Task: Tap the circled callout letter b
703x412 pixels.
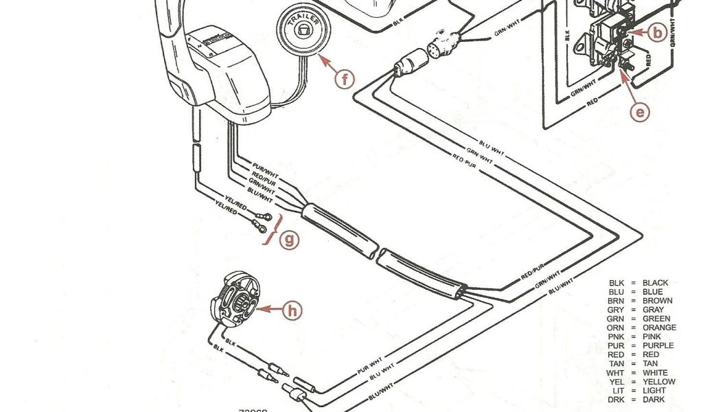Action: point(657,32)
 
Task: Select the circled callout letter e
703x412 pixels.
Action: point(640,111)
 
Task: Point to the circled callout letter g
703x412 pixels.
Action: point(291,240)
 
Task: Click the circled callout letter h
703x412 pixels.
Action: point(292,310)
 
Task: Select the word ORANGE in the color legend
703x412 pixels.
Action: point(659,328)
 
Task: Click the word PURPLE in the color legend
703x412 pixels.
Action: point(658,345)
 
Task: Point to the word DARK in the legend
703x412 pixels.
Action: point(653,399)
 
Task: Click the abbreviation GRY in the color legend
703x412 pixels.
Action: point(615,310)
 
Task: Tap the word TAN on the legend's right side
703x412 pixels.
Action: point(649,363)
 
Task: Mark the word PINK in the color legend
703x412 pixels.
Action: point(652,336)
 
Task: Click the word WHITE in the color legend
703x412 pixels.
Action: point(654,372)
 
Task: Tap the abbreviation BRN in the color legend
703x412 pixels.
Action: point(615,301)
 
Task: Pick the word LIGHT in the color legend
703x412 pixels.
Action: point(654,390)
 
